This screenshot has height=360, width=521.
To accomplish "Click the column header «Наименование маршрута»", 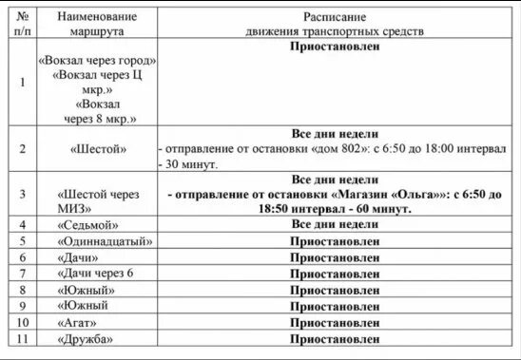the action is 97,24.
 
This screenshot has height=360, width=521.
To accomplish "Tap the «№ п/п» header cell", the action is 23,24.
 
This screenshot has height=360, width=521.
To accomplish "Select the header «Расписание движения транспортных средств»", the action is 338,24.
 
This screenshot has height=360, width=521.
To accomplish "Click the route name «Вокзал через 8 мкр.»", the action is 98,111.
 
